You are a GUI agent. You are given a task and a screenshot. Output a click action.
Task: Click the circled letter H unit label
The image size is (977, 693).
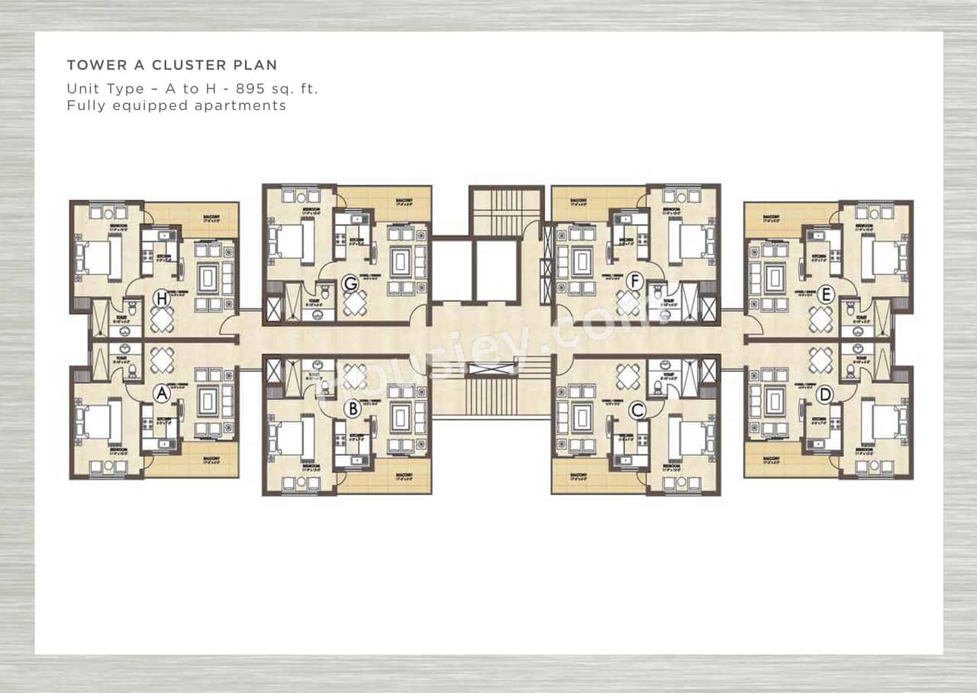pos(161,299)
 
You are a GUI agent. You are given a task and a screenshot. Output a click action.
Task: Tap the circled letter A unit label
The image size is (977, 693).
pos(161,393)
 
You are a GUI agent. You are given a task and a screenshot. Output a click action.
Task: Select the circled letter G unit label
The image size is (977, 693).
pos(350,284)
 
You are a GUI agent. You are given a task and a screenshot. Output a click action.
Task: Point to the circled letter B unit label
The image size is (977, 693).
pos(352,409)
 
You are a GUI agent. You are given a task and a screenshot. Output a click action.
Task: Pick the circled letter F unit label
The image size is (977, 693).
pos(634,282)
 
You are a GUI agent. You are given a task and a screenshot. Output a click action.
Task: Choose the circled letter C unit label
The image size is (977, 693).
pos(637,410)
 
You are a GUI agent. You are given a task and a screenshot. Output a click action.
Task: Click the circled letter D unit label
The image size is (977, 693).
pos(824,395)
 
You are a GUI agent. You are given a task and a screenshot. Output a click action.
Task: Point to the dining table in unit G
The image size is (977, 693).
pos(354,304)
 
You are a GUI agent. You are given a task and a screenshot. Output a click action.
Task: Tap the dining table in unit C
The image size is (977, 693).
pos(628,376)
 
